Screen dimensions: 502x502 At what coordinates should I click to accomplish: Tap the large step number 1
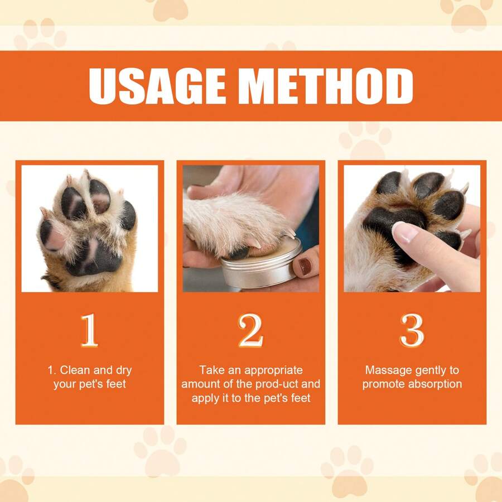coord(89,331)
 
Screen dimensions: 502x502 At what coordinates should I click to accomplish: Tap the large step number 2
coord(250,331)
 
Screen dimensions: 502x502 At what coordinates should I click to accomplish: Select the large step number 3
coord(412,331)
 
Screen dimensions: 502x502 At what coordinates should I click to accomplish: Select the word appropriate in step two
coord(273,370)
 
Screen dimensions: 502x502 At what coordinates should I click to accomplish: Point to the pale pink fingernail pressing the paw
coord(405,232)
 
